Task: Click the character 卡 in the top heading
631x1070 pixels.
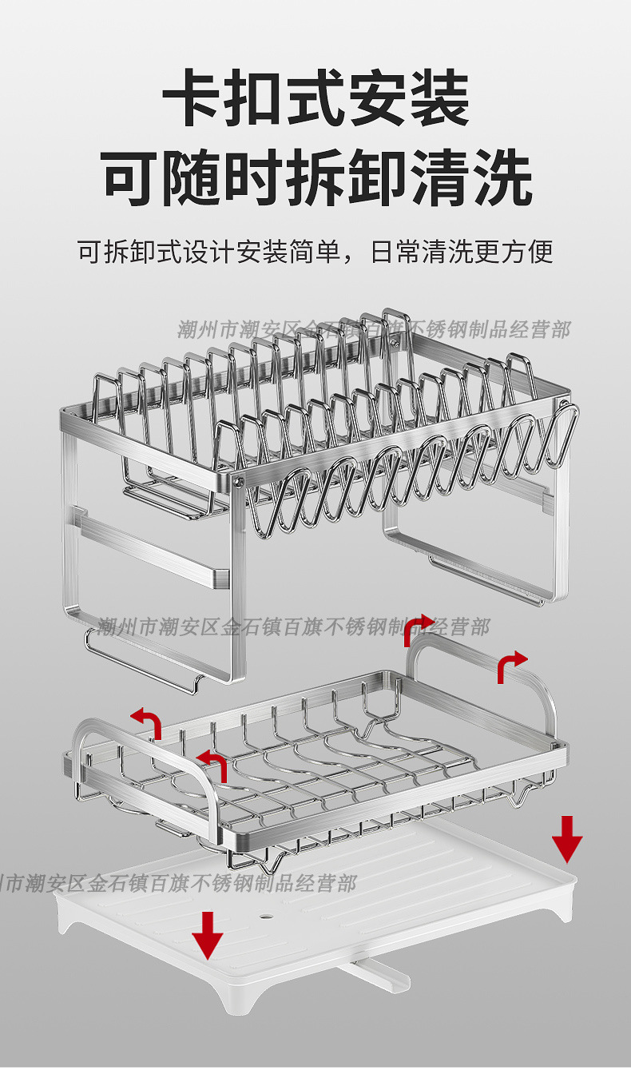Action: click(191, 99)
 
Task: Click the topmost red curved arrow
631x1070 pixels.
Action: click(419, 630)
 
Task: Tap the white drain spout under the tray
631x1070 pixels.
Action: click(375, 974)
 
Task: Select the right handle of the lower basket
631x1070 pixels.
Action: click(479, 663)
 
